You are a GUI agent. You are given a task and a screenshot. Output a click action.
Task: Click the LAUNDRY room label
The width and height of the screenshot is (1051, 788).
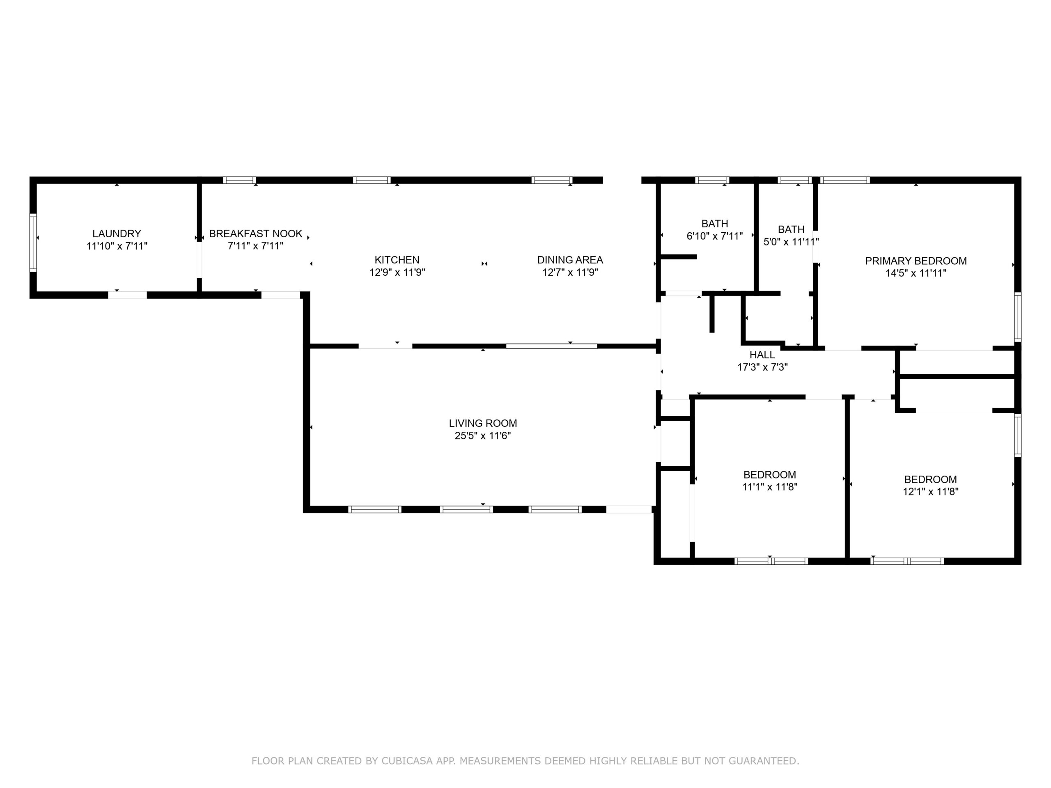pos(117,234)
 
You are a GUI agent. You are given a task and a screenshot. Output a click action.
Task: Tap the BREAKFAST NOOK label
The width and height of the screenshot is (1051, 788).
pos(256,234)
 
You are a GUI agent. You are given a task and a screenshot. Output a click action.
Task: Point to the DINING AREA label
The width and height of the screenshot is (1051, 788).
pos(570,260)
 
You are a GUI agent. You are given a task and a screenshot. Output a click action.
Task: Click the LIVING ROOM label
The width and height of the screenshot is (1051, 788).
pos(483,423)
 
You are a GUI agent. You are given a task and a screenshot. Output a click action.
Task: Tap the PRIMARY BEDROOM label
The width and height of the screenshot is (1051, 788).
pos(916,261)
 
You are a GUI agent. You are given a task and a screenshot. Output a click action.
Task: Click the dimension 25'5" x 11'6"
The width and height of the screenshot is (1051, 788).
pos(483,435)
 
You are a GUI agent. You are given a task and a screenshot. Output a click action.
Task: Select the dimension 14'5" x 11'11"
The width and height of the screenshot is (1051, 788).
pos(916,273)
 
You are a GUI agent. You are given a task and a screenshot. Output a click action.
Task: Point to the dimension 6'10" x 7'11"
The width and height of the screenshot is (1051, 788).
pos(715,236)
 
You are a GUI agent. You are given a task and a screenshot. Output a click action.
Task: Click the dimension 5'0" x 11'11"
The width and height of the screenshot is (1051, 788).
pos(791,242)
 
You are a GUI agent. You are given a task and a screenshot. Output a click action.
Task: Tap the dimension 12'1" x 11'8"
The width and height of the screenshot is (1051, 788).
pos(930,492)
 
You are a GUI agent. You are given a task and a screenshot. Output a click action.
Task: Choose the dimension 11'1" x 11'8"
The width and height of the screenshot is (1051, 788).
pos(770,487)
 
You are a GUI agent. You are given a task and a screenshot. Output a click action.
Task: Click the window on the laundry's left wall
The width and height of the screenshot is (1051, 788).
pos(33,243)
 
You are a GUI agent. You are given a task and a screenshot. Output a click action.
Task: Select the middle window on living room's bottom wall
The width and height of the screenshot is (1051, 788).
pos(466,510)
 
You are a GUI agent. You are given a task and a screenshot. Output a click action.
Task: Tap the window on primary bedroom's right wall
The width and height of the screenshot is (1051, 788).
pos(1018,317)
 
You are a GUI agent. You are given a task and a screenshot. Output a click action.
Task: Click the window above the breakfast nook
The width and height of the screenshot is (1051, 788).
pos(239,181)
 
